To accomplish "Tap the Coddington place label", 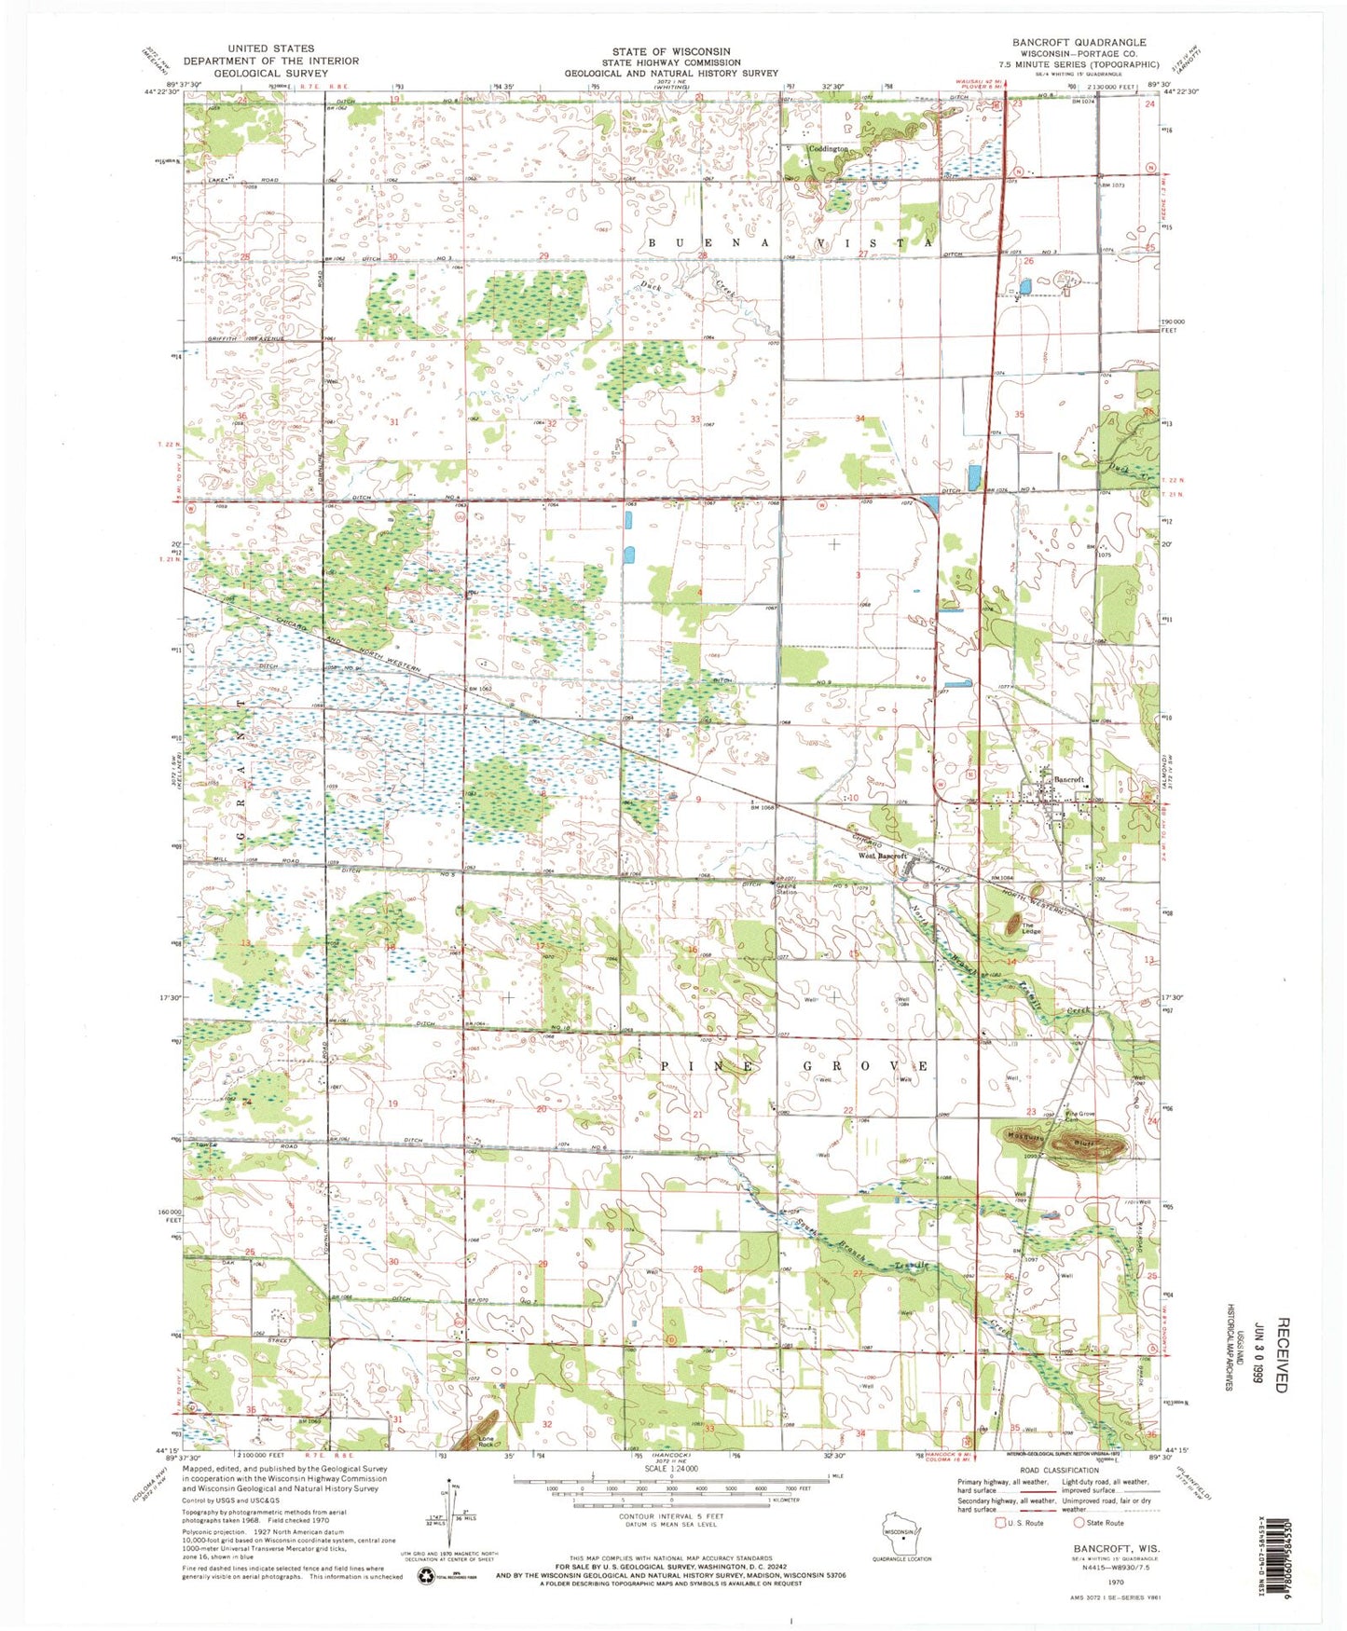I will (828, 149).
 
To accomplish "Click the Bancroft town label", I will (1068, 779).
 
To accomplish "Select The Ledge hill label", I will (1030, 930).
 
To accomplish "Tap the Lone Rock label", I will (486, 1442).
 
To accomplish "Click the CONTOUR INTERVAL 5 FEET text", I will (671, 1516).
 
